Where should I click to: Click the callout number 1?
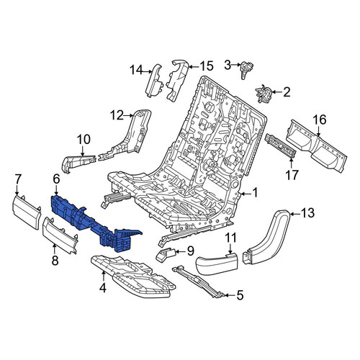point(255,192)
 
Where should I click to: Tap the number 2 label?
point(287,92)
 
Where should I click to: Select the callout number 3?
point(228,65)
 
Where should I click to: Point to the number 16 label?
point(320,120)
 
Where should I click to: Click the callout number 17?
point(292,174)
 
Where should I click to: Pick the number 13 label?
point(307,212)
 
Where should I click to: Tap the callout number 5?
point(240,295)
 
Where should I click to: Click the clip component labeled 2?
point(264,94)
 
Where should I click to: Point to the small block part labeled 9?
point(166,254)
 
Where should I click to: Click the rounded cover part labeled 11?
point(217,264)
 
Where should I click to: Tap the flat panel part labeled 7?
point(26,212)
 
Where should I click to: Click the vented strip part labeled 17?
point(280,146)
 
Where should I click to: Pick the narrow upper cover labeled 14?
point(153,81)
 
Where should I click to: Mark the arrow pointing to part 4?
point(104,276)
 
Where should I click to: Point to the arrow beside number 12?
point(129,116)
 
